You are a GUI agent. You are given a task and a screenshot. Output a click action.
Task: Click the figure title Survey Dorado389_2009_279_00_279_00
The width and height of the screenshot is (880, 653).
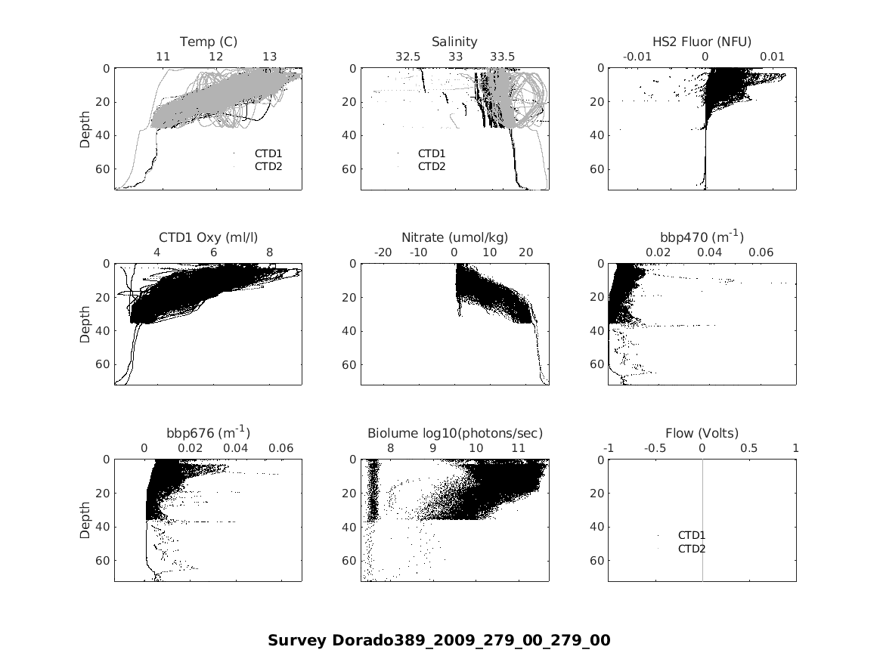tap(438, 640)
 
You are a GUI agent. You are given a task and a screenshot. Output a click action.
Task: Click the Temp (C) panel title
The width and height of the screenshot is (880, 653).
tap(208, 42)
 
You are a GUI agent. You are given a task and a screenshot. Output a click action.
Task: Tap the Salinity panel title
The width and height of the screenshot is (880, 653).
tap(454, 42)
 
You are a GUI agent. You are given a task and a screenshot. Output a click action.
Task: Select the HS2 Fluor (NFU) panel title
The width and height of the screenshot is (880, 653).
tap(702, 42)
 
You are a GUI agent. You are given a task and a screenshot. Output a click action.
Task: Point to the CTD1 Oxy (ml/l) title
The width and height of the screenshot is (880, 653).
tap(208, 237)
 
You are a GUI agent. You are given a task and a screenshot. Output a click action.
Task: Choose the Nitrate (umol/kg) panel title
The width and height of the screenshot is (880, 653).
tap(454, 237)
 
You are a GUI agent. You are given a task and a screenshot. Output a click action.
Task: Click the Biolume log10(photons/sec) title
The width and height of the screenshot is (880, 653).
tap(454, 433)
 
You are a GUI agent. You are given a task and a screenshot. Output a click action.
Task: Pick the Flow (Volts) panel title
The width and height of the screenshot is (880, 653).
tap(702, 433)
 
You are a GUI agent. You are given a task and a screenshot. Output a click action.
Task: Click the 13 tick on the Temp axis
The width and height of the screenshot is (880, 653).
tap(269, 57)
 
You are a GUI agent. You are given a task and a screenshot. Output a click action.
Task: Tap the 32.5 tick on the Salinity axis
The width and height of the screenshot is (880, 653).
tap(407, 57)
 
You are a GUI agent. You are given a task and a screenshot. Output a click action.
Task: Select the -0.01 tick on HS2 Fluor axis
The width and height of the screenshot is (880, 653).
tap(638, 57)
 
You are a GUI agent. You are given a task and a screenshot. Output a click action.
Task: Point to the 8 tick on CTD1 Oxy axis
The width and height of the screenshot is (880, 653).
tap(270, 252)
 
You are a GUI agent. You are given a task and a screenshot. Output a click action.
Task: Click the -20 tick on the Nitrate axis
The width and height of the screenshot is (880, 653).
tap(383, 252)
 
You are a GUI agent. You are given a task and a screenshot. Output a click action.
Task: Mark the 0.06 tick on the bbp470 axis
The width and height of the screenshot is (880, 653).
tap(761, 252)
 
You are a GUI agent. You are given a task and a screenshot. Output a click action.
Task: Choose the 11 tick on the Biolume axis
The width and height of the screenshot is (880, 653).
tap(518, 448)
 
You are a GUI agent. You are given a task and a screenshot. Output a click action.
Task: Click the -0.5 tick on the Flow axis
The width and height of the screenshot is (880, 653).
tap(655, 448)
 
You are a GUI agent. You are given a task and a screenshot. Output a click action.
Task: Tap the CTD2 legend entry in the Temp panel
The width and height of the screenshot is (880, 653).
tap(268, 166)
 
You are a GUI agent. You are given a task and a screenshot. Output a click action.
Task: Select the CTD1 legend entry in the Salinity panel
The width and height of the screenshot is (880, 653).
tap(431, 153)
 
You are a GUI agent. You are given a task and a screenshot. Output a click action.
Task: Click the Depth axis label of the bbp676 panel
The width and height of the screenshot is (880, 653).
tap(85, 520)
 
